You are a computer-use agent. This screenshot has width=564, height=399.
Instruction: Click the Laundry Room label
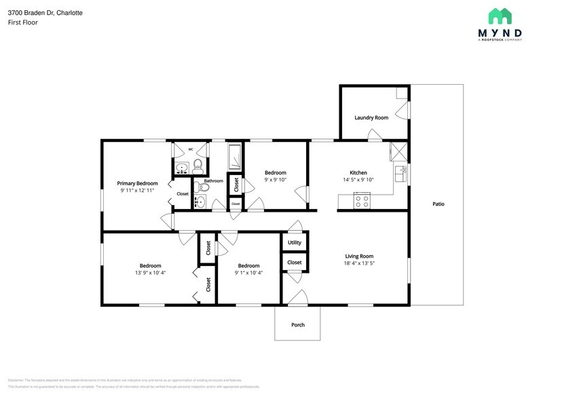click(371, 117)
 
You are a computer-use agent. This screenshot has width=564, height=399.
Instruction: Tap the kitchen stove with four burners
click(362, 201)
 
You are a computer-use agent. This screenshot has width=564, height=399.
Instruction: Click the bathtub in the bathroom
click(234, 157)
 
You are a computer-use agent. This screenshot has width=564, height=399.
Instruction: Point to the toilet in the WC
click(198, 165)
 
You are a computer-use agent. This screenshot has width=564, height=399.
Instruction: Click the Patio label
click(438, 204)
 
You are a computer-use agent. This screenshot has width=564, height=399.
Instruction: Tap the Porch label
click(298, 324)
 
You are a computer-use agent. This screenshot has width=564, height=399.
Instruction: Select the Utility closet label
click(295, 242)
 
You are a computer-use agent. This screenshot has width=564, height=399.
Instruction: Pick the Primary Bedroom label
click(137, 183)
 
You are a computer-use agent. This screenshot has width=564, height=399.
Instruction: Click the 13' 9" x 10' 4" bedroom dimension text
click(150, 273)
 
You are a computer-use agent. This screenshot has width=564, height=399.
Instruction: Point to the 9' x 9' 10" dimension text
click(275, 180)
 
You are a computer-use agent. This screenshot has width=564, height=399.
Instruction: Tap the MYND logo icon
click(500, 16)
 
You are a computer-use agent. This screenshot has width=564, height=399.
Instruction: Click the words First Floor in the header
click(22, 22)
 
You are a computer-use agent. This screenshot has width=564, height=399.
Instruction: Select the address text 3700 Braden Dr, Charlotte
click(45, 12)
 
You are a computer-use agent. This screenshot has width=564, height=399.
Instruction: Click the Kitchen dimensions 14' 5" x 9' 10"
click(358, 180)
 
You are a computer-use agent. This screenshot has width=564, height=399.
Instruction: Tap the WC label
click(190, 149)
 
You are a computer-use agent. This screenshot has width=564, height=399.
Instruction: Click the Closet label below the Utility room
click(295, 262)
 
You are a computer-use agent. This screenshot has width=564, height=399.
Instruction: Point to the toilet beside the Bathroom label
click(198, 187)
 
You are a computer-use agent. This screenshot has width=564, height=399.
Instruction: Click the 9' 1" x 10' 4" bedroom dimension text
click(248, 273)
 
